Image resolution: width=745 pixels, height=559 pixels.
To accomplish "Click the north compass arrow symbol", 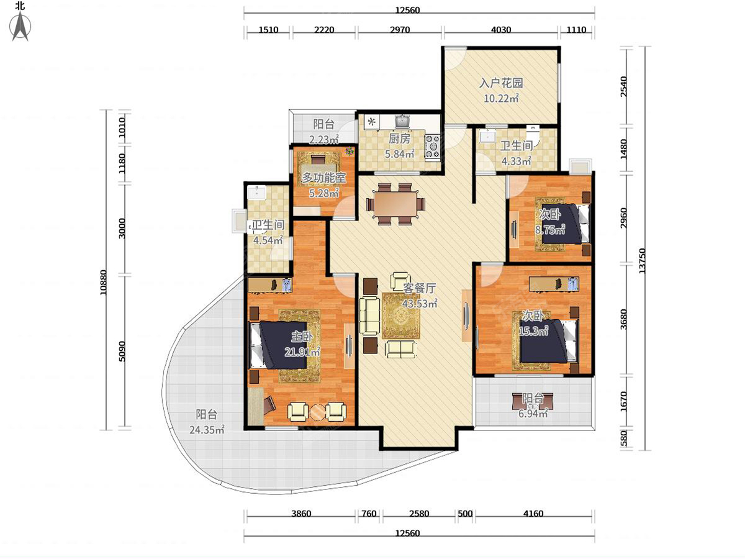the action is pyautogui.click(x=20, y=27).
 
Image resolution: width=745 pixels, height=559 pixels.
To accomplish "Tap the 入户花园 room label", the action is pyautogui.click(x=501, y=83).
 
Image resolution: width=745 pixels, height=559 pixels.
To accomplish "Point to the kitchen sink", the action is pyautogui.click(x=403, y=122).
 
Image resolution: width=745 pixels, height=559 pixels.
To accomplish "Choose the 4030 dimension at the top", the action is pyautogui.click(x=501, y=30).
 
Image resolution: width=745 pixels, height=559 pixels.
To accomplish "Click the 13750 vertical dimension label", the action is pyautogui.click(x=642, y=260).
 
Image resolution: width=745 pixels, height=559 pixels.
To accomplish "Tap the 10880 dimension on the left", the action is pyautogui.click(x=104, y=283).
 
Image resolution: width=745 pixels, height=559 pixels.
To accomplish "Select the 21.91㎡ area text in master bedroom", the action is pyautogui.click(x=302, y=352).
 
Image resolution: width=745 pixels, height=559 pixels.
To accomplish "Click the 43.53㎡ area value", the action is pyautogui.click(x=420, y=304).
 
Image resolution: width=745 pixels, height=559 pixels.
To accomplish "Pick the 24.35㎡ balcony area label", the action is pyautogui.click(x=207, y=430).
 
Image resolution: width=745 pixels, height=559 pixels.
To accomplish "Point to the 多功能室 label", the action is pyautogui.click(x=324, y=178).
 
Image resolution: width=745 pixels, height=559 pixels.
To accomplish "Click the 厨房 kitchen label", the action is pyautogui.click(x=399, y=139).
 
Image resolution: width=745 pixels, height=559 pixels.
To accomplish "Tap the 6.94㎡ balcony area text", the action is pyautogui.click(x=533, y=414).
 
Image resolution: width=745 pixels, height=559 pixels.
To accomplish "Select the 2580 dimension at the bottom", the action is pyautogui.click(x=419, y=514).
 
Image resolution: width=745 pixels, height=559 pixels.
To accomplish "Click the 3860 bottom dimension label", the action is pyautogui.click(x=301, y=514).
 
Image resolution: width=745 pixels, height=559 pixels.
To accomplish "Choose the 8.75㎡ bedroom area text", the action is pyautogui.click(x=550, y=230).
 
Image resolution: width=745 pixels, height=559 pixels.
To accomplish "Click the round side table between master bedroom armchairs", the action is pyautogui.click(x=317, y=412).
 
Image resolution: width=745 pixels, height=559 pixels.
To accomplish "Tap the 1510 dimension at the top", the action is pyautogui.click(x=268, y=30).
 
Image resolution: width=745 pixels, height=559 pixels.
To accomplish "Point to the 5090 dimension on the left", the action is pyautogui.click(x=122, y=351).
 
